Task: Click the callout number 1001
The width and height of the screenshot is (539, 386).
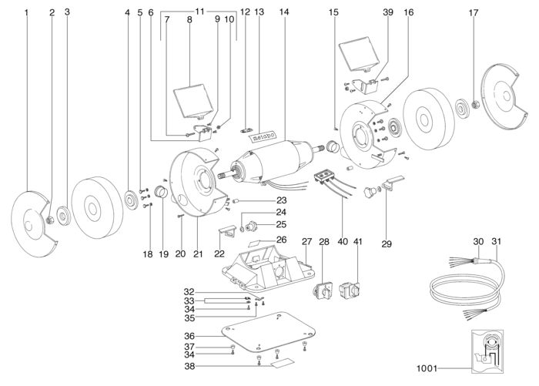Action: [x=427, y=369]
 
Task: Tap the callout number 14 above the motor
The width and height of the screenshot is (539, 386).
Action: [x=284, y=12]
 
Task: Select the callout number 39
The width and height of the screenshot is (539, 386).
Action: [x=388, y=12]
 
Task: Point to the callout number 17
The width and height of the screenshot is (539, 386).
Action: [x=474, y=13]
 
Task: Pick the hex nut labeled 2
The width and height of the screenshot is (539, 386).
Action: [x=50, y=220]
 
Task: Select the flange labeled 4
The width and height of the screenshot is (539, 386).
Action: [x=132, y=201]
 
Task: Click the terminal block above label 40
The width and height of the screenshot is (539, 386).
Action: [x=323, y=176]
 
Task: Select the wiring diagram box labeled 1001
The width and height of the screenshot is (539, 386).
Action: [x=487, y=351]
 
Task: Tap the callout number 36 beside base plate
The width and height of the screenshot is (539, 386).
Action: [x=189, y=336]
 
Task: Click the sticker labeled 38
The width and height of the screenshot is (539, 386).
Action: [x=283, y=363]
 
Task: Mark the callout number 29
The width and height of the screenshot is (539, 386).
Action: [x=387, y=244]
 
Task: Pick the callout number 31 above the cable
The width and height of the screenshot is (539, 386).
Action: [x=497, y=241]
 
